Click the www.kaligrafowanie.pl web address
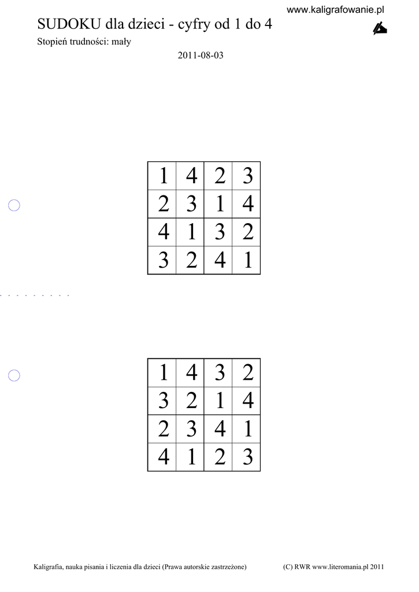click(336, 10)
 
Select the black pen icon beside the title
click(379, 28)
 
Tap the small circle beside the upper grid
click(14, 205)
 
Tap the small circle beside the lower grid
click(14, 376)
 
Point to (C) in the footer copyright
click(288, 567)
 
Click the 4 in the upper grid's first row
click(191, 176)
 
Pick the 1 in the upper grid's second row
click(220, 204)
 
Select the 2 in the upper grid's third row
click(247, 232)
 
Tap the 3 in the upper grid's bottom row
click(164, 261)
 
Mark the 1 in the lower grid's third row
click(247, 430)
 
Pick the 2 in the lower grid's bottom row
click(220, 458)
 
